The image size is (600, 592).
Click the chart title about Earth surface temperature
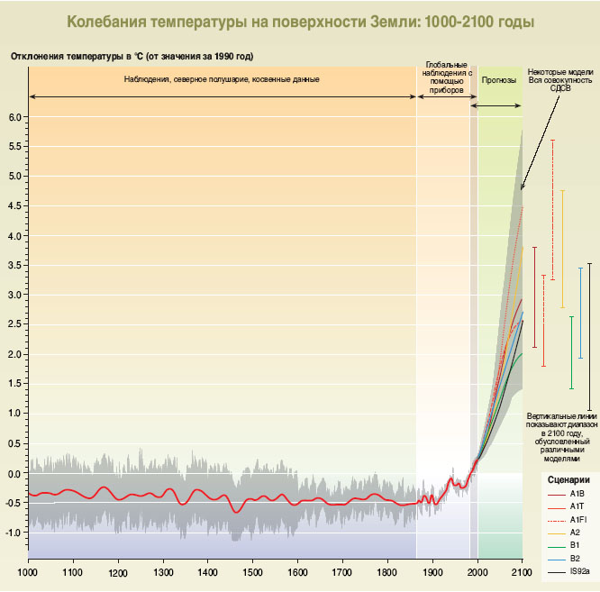tap(299, 20)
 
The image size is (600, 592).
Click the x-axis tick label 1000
tap(28, 571)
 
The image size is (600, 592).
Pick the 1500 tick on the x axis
tap(252, 571)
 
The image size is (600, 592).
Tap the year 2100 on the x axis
tap(523, 571)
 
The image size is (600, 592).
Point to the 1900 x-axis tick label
tap(432, 571)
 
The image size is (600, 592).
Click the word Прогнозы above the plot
tap(498, 79)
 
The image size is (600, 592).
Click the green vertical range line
tap(571, 352)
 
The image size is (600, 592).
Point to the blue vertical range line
tap(580, 313)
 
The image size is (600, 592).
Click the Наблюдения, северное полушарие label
tap(222, 79)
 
